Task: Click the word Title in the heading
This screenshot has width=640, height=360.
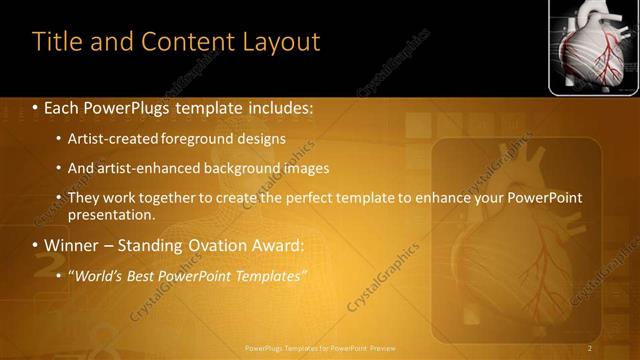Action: point(58,41)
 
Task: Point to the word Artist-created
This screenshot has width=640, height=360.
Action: point(111,138)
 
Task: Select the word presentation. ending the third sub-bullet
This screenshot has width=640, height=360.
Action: point(112,214)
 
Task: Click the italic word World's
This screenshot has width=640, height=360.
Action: point(97,275)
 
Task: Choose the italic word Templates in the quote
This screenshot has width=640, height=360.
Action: point(271,275)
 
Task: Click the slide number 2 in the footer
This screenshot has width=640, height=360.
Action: point(591,347)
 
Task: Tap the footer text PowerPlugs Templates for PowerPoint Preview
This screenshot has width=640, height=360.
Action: point(320,347)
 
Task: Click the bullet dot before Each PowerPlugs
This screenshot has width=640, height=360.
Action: point(36,106)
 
